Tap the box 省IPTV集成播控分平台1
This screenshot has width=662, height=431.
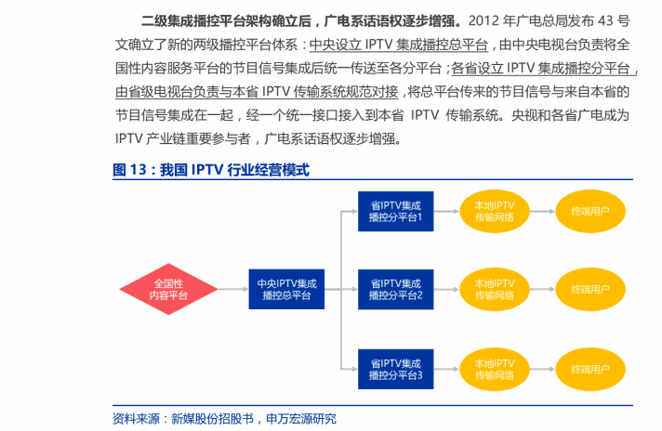394,212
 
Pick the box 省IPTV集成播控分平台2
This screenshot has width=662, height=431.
394,289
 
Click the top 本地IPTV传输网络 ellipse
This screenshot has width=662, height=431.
495,212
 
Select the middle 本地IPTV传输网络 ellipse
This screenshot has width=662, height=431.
495,289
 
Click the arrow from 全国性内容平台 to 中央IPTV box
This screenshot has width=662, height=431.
231,289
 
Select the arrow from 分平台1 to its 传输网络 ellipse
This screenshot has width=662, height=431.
444,212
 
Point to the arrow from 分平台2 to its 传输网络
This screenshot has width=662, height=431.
444,289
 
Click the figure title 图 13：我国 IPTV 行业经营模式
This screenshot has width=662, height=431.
210,170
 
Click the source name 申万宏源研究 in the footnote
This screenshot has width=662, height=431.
301,418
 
